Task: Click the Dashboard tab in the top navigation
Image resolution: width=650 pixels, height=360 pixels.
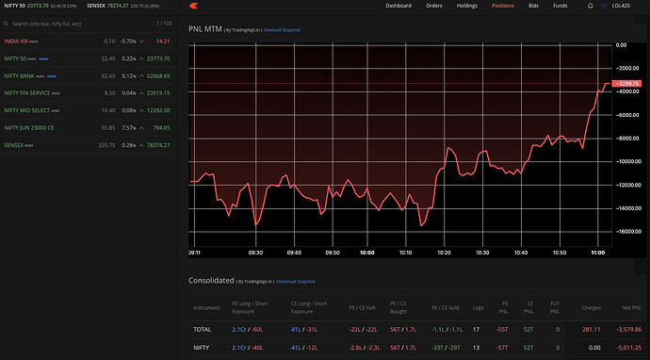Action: (398, 6)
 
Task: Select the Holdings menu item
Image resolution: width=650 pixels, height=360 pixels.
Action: (466, 6)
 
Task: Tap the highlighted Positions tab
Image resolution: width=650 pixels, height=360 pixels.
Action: (502, 6)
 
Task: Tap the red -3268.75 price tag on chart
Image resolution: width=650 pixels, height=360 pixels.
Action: (626, 84)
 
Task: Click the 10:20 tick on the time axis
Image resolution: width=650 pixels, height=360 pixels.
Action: (443, 253)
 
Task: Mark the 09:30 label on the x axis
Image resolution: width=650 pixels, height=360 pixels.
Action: (255, 253)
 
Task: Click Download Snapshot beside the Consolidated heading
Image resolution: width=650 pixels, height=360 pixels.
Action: (295, 282)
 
